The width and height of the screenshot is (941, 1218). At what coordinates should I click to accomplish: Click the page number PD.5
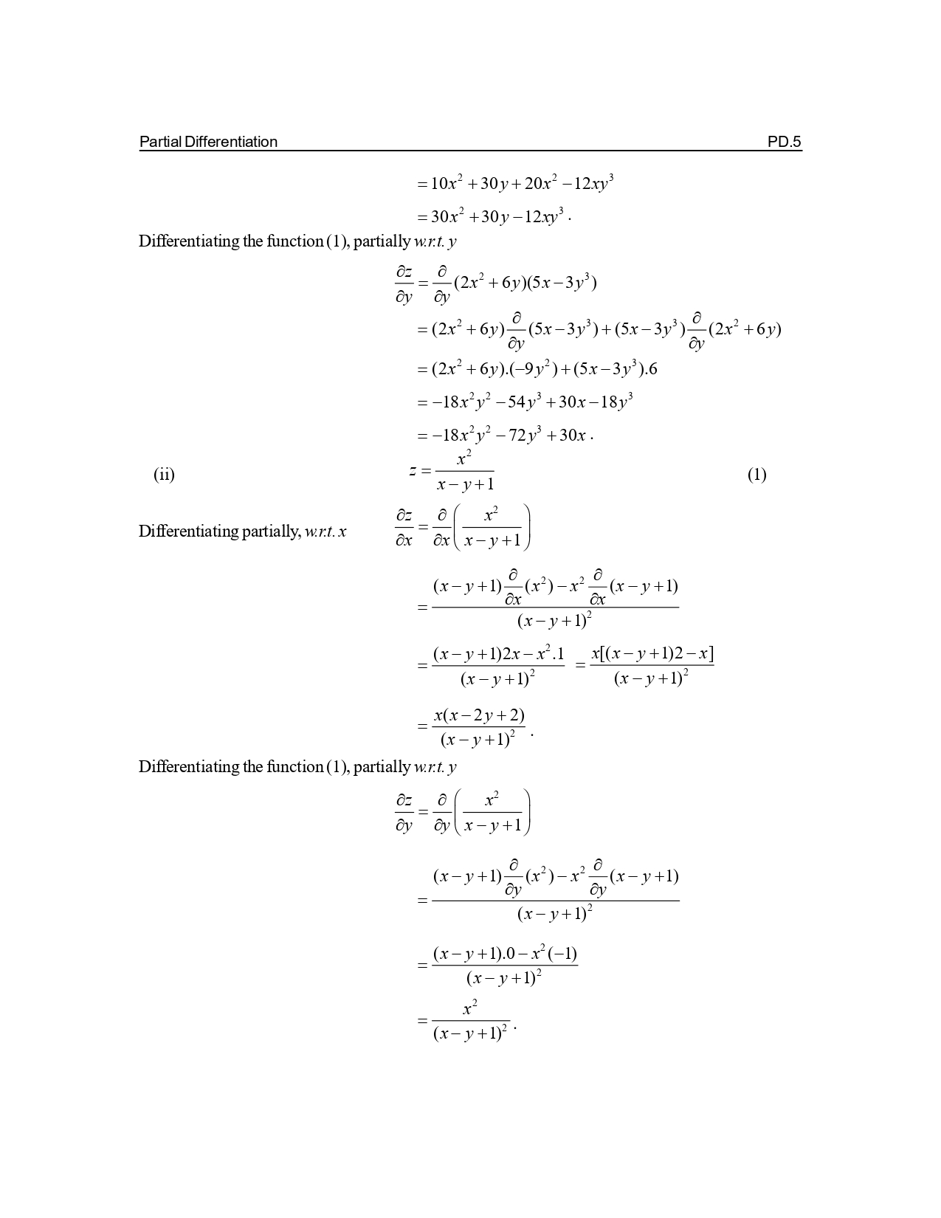pyautogui.click(x=784, y=142)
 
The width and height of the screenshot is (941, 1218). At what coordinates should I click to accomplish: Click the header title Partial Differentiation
pyautogui.click(x=208, y=142)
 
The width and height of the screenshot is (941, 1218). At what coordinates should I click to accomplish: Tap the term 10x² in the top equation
pyautogui.click(x=447, y=183)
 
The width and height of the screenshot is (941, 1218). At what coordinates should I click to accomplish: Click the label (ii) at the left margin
pyautogui.click(x=164, y=474)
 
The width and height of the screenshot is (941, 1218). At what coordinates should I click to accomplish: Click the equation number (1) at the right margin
pyautogui.click(x=756, y=474)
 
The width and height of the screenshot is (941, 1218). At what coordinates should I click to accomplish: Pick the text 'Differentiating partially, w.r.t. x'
pyautogui.click(x=243, y=531)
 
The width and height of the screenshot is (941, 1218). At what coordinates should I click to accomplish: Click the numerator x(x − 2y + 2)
pyautogui.click(x=479, y=715)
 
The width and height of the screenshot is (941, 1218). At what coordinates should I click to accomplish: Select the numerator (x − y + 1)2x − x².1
pyautogui.click(x=498, y=654)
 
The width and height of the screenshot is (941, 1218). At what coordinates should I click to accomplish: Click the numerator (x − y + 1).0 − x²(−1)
pyautogui.click(x=505, y=953)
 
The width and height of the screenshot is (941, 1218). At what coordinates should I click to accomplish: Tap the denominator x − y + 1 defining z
pyautogui.click(x=465, y=484)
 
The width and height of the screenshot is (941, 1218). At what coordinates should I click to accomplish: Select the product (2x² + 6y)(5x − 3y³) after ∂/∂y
pyautogui.click(x=525, y=283)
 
